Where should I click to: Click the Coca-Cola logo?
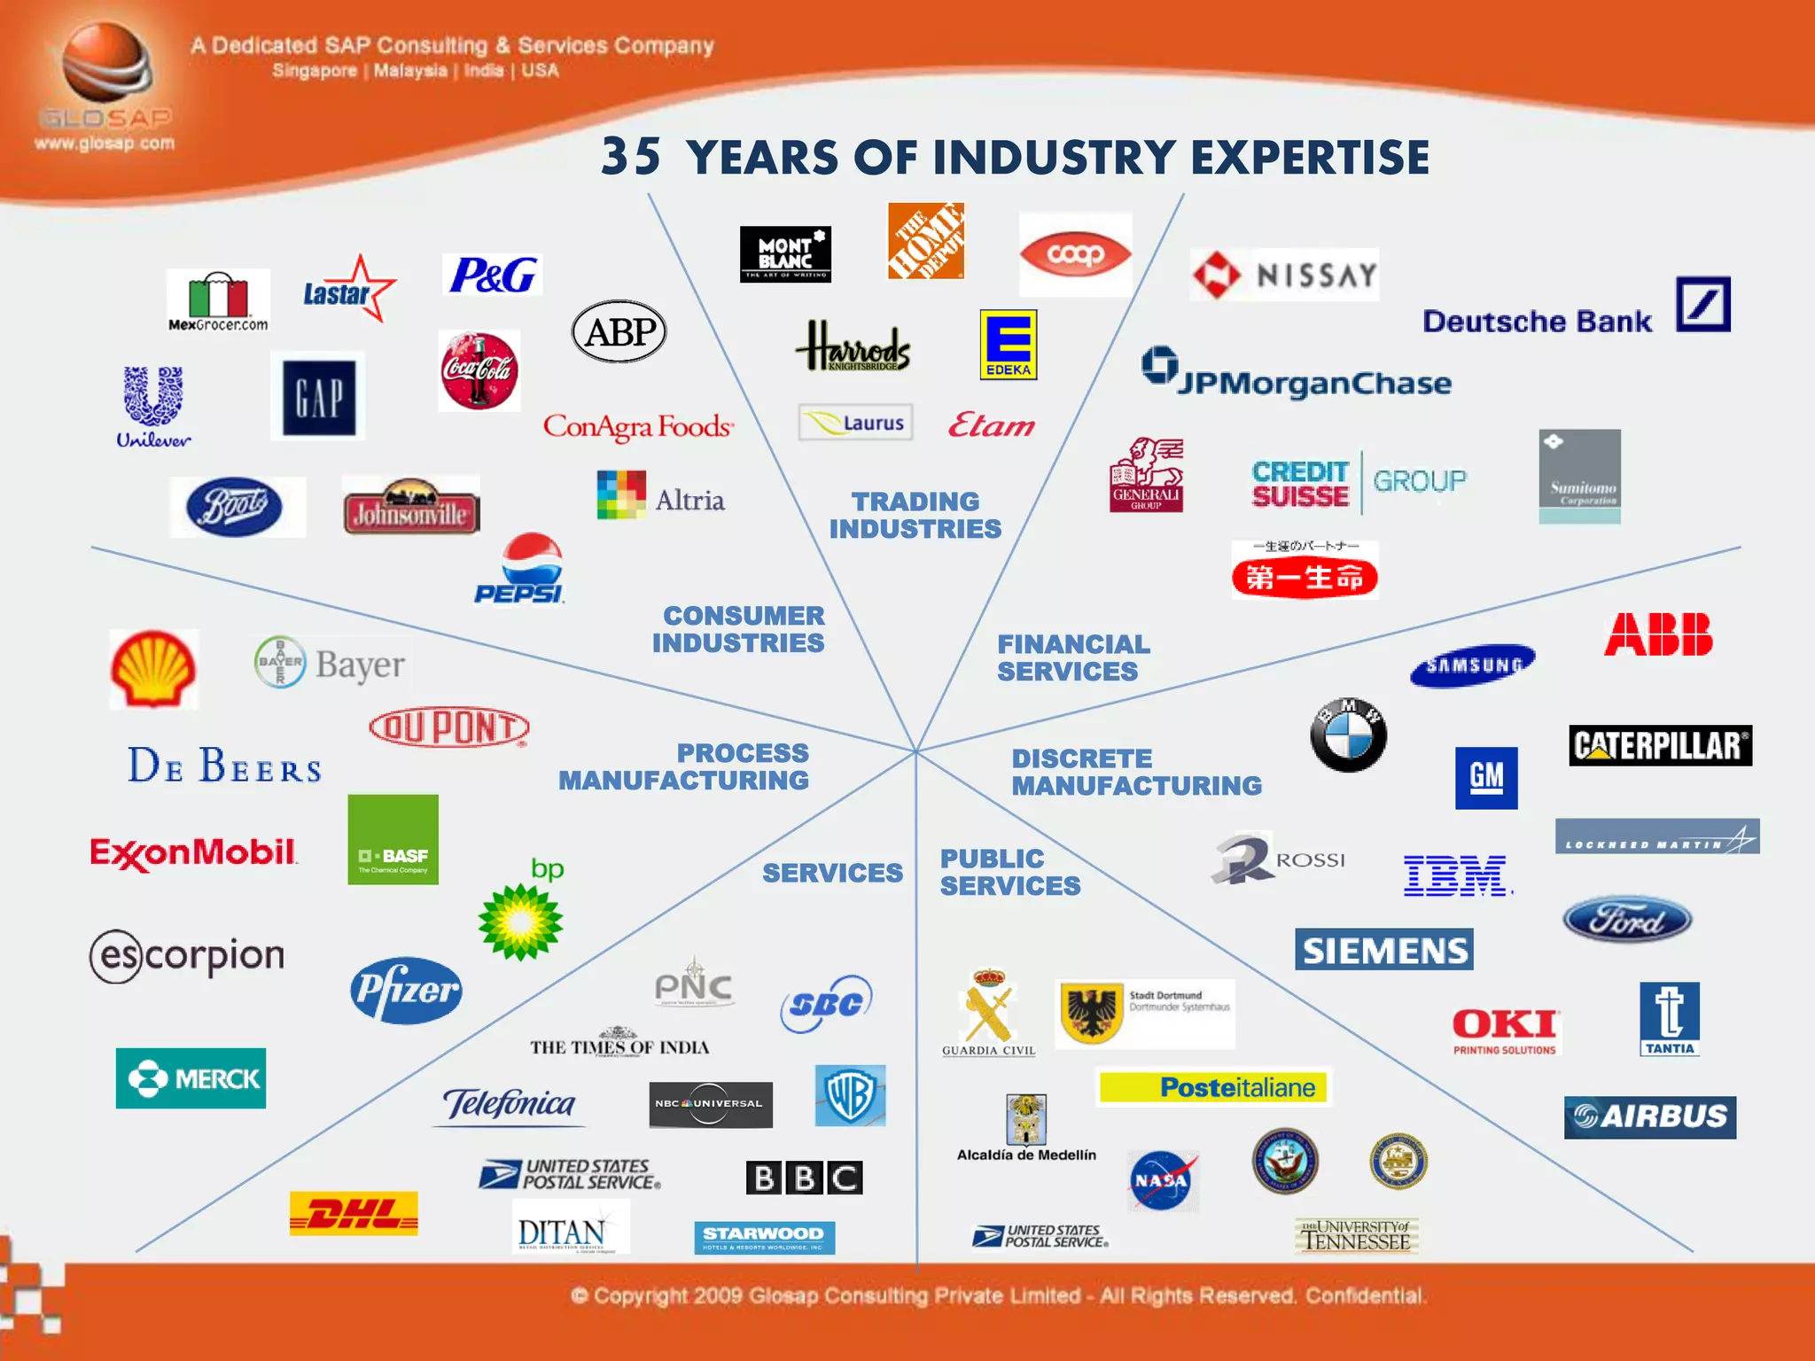coord(479,370)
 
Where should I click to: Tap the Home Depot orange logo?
coord(925,241)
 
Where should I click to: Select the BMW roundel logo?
coord(1348,735)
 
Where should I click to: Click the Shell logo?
coord(153,669)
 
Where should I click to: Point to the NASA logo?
coord(1161,1180)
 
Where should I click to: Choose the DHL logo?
coord(354,1213)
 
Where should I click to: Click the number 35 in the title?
coord(630,157)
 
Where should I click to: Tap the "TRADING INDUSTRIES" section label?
coord(915,515)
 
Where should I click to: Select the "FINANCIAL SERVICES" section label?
coord(1072,657)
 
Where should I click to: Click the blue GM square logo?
coord(1486,777)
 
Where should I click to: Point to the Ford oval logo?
coord(1626,920)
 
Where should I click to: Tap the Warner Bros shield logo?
coord(850,1095)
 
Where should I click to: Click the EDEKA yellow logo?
coord(1008,345)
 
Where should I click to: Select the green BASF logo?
coord(393,839)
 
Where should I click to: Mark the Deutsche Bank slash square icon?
coord(1702,304)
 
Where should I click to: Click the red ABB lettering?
coord(1657,634)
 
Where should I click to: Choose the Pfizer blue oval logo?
coord(406,990)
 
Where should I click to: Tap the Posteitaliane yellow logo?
coord(1213,1087)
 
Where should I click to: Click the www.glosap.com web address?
coord(105,143)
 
